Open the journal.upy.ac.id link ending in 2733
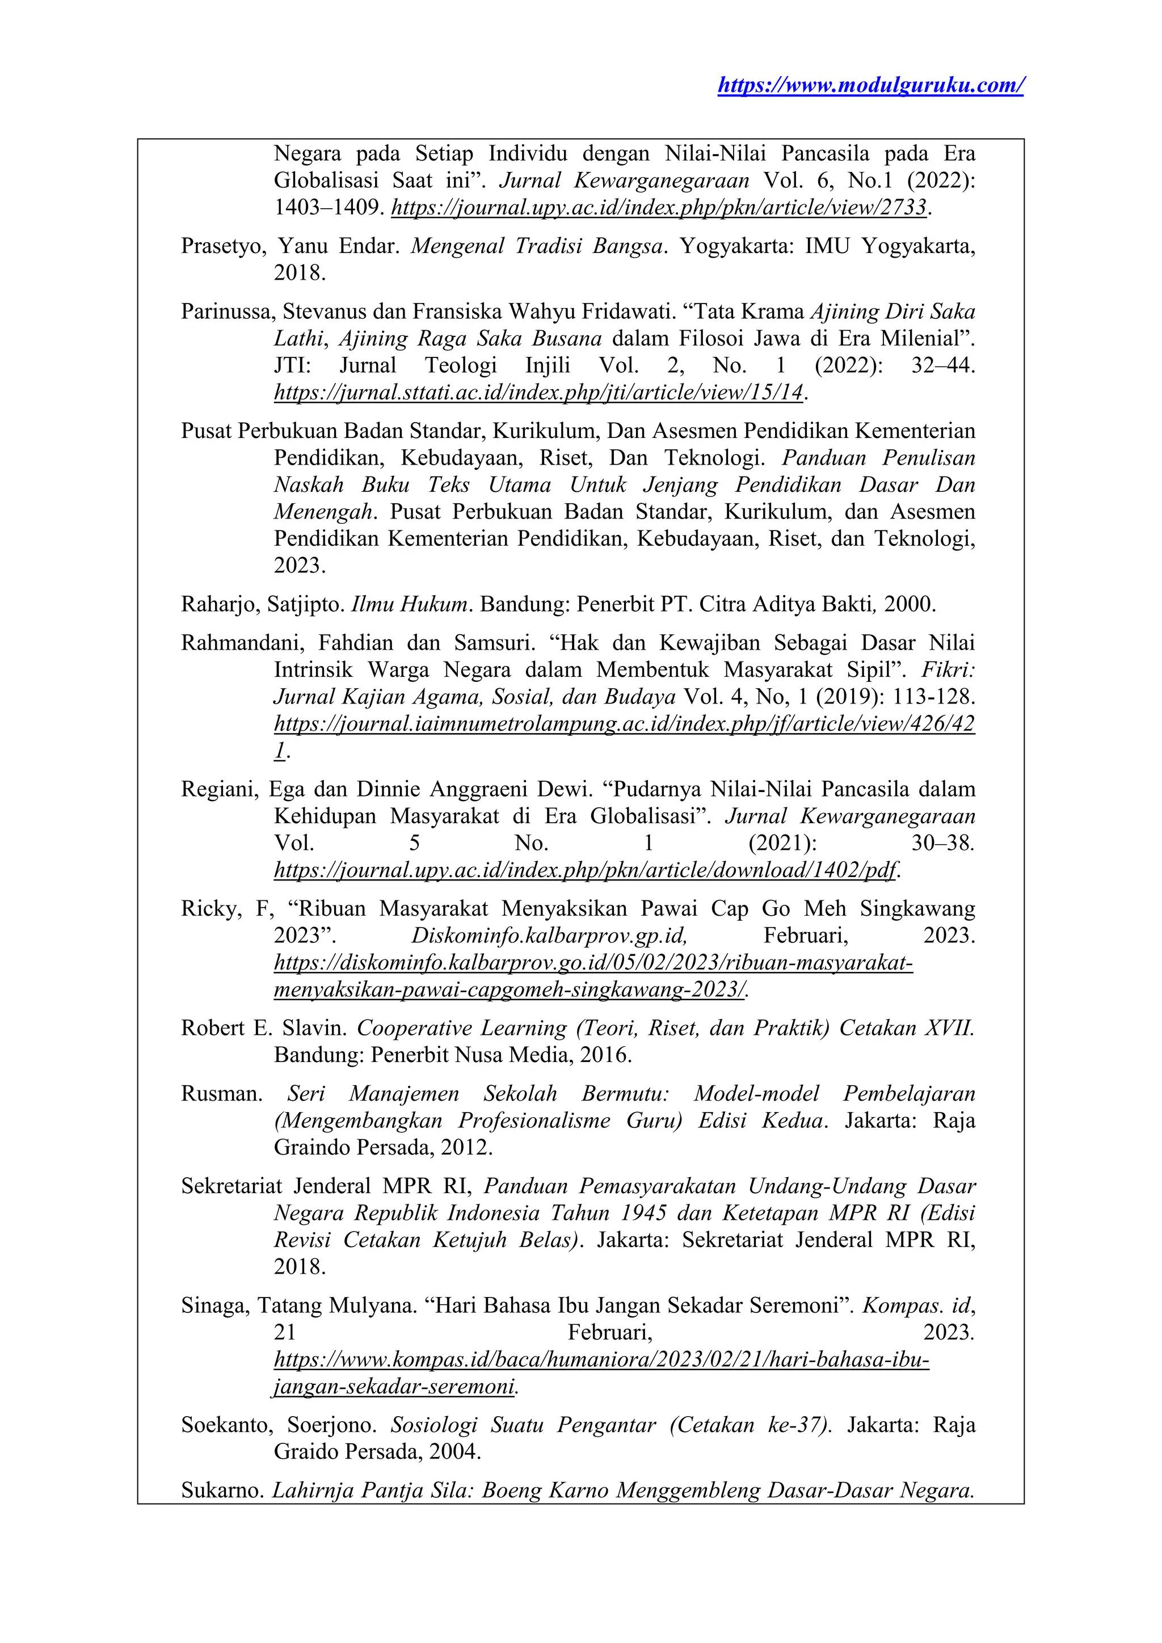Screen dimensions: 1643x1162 click(659, 208)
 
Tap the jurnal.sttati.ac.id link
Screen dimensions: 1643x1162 click(538, 393)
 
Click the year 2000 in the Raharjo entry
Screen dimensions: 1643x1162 click(909, 605)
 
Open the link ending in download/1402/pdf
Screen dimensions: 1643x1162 click(586, 871)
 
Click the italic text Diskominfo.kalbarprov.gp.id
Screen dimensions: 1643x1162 click(549, 936)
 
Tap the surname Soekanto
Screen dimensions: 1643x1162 click(225, 1426)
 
